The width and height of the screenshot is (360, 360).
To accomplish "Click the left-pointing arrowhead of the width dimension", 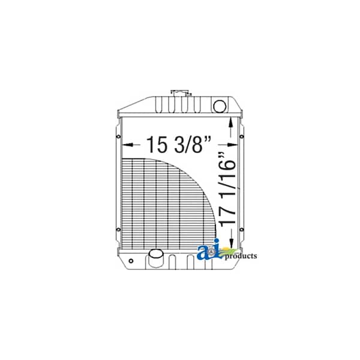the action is pos(127,145).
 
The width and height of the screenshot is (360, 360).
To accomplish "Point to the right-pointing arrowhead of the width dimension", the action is pos(232,145).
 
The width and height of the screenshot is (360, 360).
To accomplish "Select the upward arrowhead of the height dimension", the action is pos(231,122).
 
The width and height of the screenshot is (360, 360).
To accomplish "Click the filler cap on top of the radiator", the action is pos(181,93).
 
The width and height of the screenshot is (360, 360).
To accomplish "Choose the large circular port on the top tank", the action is pos(220,106).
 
